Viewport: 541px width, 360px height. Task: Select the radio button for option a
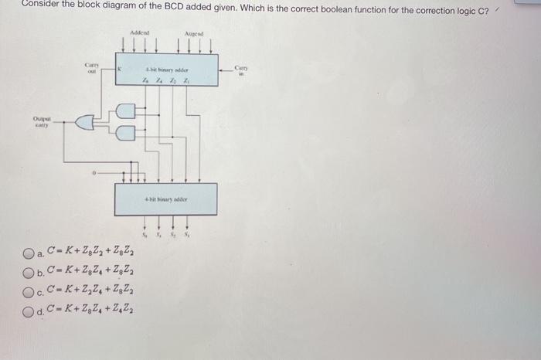29,253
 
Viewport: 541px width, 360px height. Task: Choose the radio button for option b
29,272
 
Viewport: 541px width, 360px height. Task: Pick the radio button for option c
29,293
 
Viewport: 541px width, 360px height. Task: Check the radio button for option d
29,312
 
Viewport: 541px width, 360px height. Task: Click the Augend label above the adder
194,34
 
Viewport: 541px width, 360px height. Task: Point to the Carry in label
240,72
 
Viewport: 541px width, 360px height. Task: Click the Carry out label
90,67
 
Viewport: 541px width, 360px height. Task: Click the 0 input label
94,174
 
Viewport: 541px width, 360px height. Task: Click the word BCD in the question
154,4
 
